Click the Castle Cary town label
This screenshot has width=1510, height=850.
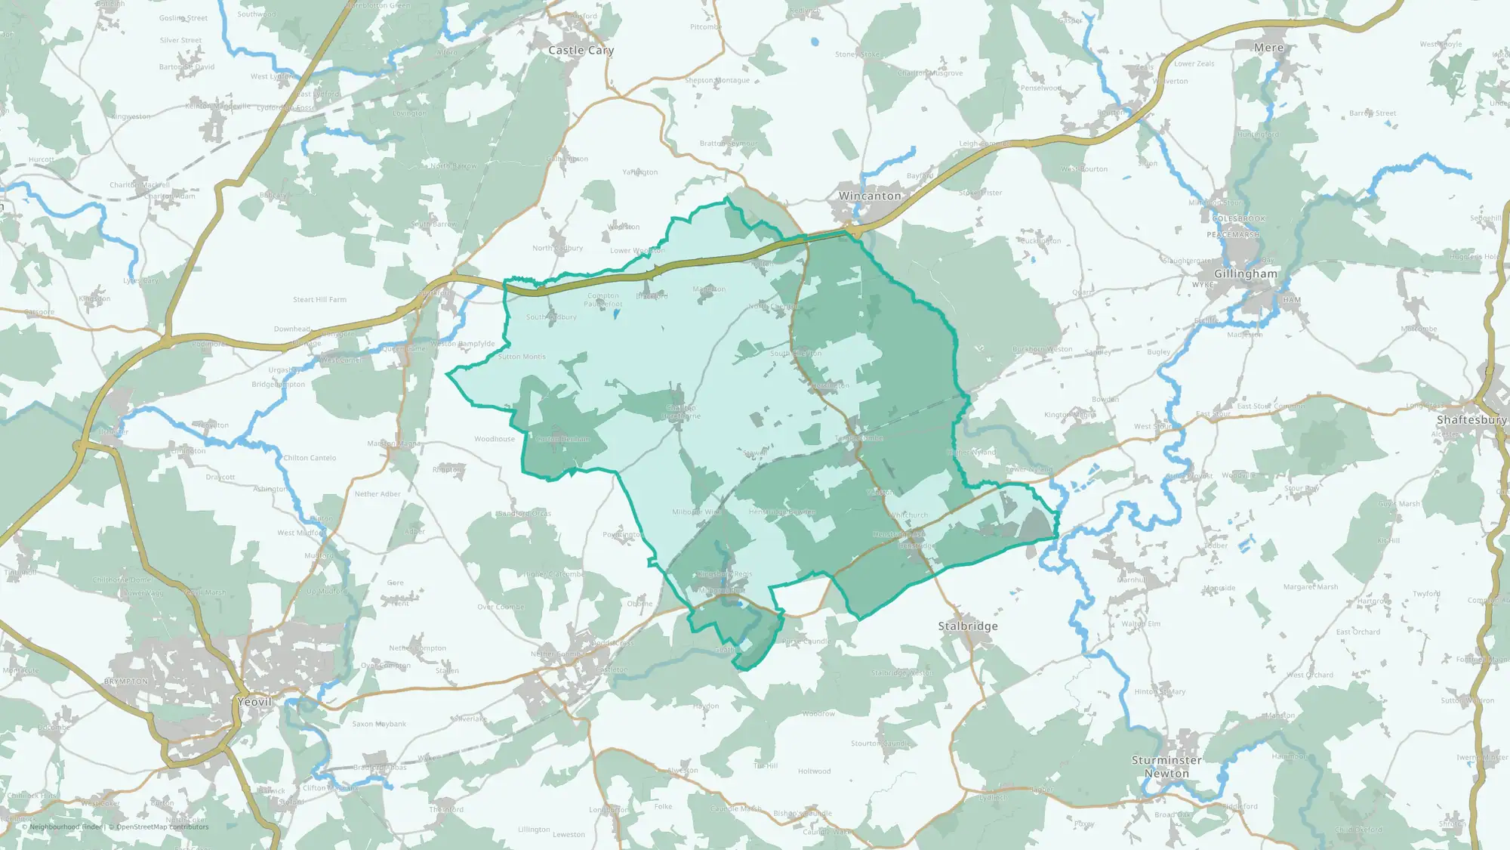click(x=581, y=51)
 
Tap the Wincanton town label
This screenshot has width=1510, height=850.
click(x=870, y=196)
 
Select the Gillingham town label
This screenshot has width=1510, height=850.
click(x=1246, y=274)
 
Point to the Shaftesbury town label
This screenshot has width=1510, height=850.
click(x=1471, y=419)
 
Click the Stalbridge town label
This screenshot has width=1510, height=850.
click(x=968, y=626)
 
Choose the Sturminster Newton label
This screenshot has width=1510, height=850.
click(x=1166, y=766)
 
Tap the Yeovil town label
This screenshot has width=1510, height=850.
click(x=254, y=701)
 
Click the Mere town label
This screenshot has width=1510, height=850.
click(x=1268, y=48)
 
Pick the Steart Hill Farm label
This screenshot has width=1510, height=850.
click(x=320, y=300)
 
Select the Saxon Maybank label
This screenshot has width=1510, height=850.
click(x=379, y=724)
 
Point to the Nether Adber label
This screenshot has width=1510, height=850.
click(x=377, y=494)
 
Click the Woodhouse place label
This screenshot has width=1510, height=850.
click(x=495, y=439)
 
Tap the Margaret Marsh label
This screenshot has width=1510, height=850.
click(x=1311, y=587)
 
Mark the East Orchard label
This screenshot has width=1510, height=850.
click(x=1357, y=632)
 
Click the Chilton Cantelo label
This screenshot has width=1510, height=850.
click(x=310, y=458)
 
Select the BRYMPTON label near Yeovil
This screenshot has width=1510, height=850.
click(x=126, y=682)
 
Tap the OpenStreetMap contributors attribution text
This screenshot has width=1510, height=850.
click(x=162, y=827)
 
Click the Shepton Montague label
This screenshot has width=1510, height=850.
click(x=717, y=80)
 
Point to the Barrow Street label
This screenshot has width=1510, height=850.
click(x=1373, y=113)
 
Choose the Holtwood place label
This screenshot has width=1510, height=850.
click(x=814, y=771)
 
